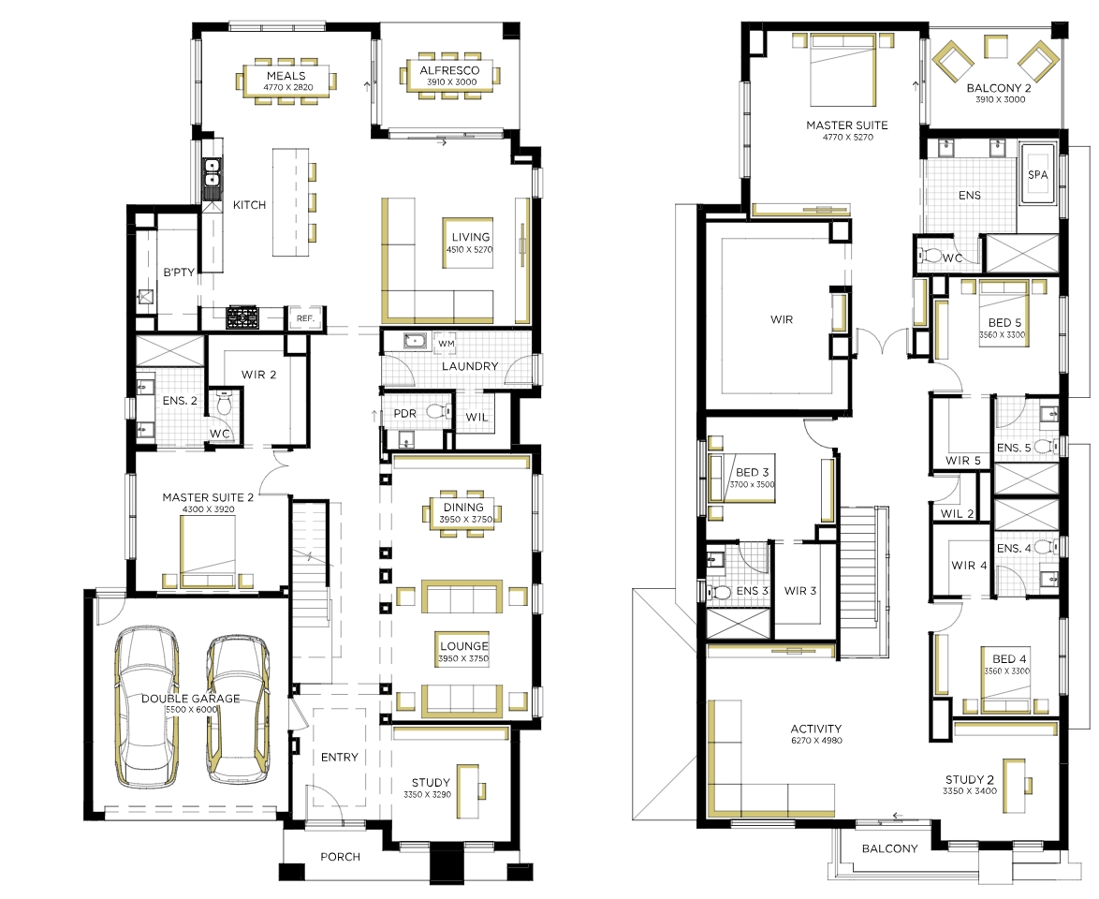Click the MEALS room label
[x=286, y=76]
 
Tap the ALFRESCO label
[x=449, y=70]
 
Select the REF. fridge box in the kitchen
[x=305, y=317]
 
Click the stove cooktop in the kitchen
[x=242, y=317]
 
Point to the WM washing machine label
[x=447, y=344]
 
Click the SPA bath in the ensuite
[x=1038, y=174]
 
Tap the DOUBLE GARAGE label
[x=191, y=699]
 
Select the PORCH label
[x=340, y=857]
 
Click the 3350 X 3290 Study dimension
[x=427, y=794]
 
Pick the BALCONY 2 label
[x=999, y=88]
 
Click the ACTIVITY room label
[x=816, y=729]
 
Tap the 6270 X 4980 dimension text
[x=816, y=741]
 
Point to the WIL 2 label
[x=957, y=513]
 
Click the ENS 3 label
[x=752, y=591]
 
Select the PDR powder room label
[x=405, y=414]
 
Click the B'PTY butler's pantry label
[x=179, y=273]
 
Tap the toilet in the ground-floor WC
[x=224, y=404]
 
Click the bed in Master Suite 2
[x=208, y=552]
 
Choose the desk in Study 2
[x=1011, y=786]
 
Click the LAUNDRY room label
[x=470, y=366]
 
